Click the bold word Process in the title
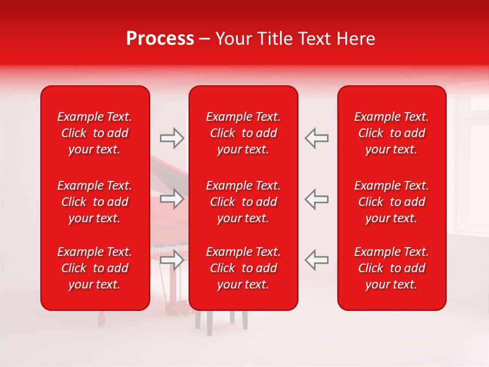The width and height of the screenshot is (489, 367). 160,39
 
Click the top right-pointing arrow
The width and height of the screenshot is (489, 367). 172,138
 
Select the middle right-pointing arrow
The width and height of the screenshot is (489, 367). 172,199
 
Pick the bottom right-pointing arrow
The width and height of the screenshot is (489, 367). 172,260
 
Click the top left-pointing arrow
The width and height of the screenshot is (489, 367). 316,138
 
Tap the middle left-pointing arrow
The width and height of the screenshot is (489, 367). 316,199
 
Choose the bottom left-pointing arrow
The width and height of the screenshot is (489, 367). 316,260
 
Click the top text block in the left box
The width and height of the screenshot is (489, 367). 95,133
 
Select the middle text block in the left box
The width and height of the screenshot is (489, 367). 95,202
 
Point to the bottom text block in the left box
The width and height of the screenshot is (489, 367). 95,268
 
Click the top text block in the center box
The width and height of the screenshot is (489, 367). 243,133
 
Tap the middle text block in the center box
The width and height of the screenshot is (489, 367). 243,202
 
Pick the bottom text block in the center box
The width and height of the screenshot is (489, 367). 243,268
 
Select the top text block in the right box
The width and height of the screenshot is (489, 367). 391,133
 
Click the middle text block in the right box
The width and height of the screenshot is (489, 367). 391,202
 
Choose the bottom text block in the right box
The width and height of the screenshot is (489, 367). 391,268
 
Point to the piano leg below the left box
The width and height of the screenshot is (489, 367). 100,318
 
